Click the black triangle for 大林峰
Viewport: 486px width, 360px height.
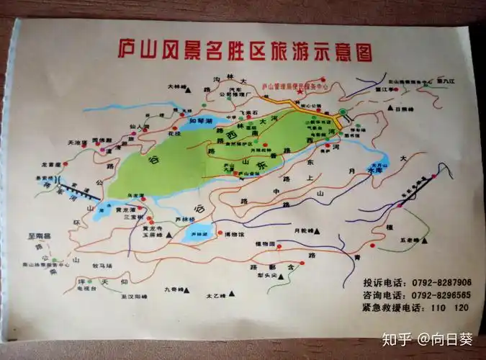(x=188, y=86)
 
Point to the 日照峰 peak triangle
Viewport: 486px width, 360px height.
(x=392, y=109)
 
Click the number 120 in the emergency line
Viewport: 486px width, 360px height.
(x=462, y=307)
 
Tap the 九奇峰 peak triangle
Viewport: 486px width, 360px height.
(x=189, y=289)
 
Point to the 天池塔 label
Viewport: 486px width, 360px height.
(x=76, y=142)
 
